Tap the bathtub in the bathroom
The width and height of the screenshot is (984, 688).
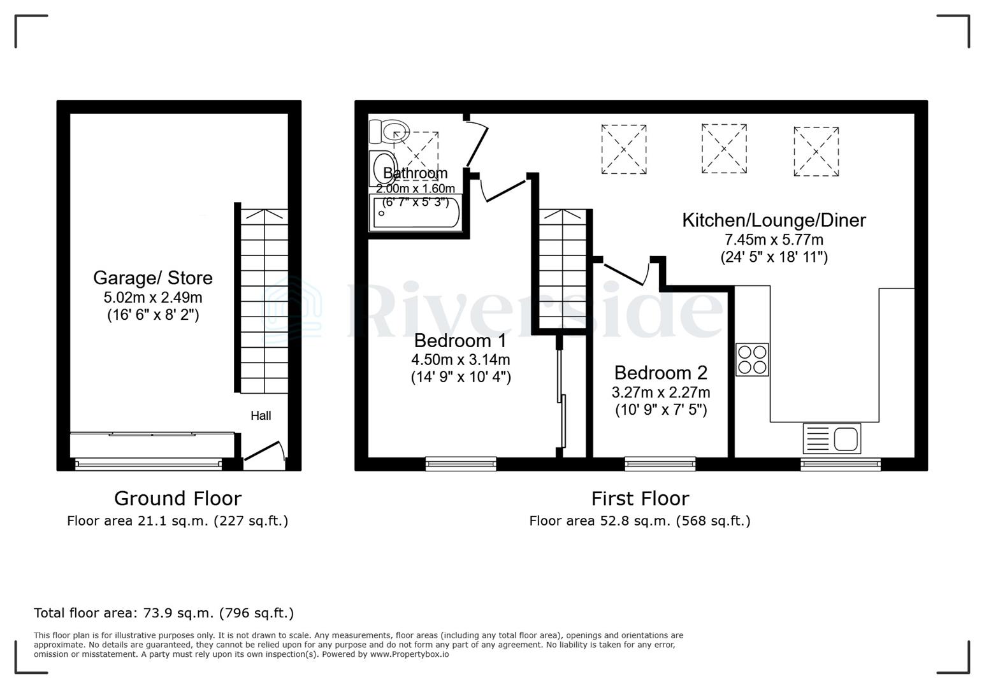pyautogui.click(x=416, y=213)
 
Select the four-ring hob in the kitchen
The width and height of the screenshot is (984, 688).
pyautogui.click(x=752, y=359)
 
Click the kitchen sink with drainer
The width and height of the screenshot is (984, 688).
pyautogui.click(x=832, y=438)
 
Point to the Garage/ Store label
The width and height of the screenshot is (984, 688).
pyautogui.click(x=153, y=278)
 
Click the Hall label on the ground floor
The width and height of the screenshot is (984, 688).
pyautogui.click(x=261, y=416)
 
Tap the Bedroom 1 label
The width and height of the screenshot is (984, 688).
pyautogui.click(x=460, y=340)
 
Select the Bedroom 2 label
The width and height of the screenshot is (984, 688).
pyautogui.click(x=661, y=373)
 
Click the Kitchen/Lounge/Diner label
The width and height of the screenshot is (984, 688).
pyautogui.click(x=774, y=220)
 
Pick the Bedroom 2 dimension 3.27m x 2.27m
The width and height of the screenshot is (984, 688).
pyautogui.click(x=661, y=392)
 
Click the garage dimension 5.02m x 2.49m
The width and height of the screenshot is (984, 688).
pyautogui.click(x=153, y=297)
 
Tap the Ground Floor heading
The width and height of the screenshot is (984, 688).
pyautogui.click(x=178, y=498)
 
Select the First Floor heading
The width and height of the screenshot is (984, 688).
pyautogui.click(x=640, y=498)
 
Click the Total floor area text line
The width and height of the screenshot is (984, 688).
pyautogui.click(x=164, y=613)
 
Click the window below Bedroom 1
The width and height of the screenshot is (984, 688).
pyautogui.click(x=461, y=464)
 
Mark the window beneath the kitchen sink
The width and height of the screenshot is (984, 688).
pyautogui.click(x=841, y=464)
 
